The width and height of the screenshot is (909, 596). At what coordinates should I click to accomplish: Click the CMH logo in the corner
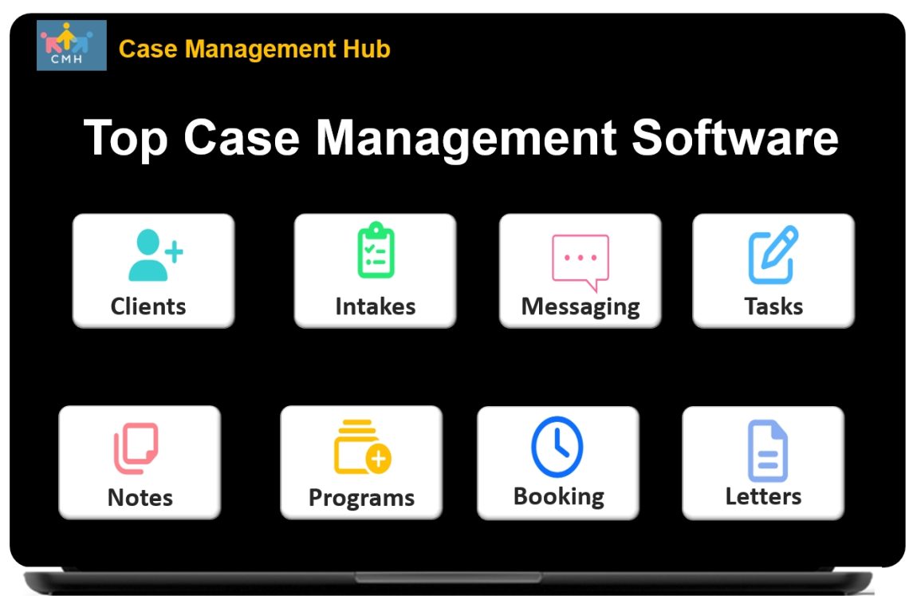[x=71, y=45]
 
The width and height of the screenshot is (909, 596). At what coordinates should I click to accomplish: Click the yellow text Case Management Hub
[x=254, y=49]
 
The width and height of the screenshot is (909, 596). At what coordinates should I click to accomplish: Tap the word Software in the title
[x=734, y=137]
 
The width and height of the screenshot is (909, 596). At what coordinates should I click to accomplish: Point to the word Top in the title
[x=126, y=137]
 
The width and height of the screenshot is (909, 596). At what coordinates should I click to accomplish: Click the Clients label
[x=148, y=306]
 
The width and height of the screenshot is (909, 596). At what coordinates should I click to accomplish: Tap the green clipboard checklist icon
[x=375, y=251]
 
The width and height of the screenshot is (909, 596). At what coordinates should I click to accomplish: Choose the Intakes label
[x=375, y=306]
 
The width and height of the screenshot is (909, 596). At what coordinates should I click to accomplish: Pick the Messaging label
[x=580, y=307]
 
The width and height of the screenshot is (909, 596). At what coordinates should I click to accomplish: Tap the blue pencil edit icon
[x=773, y=255]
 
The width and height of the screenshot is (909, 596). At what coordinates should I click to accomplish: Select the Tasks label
[x=773, y=306]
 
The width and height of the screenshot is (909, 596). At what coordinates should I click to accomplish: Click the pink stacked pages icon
[x=136, y=448]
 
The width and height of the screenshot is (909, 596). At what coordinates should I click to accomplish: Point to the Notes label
[x=140, y=498]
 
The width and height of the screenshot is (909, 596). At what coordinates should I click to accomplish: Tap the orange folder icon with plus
[x=362, y=448]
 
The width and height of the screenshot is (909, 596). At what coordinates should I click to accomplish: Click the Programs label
[x=361, y=498]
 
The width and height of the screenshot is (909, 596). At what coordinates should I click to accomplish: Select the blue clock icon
[x=557, y=447]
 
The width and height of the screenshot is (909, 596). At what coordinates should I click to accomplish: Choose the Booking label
[x=558, y=497]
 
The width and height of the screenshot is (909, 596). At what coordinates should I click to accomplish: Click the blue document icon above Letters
[x=767, y=451]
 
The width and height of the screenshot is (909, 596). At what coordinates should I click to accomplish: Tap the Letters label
[x=763, y=497]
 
